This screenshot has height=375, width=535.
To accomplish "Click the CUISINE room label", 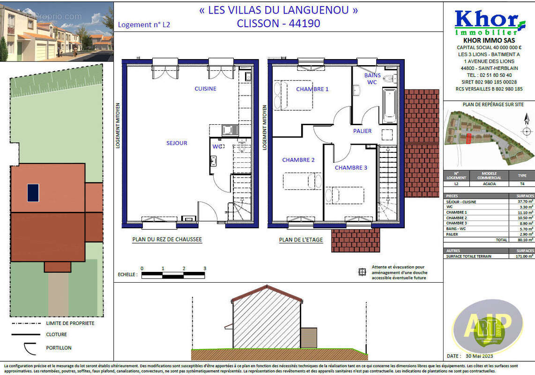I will pyautogui.click(x=205, y=89).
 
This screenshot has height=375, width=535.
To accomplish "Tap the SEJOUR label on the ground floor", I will pyautogui.click(x=177, y=143).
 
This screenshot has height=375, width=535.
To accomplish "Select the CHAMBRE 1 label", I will pyautogui.click(x=312, y=89).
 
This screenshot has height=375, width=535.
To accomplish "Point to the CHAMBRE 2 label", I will pyautogui.click(x=298, y=160).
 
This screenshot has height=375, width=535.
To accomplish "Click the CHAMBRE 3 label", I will pyautogui.click(x=351, y=167).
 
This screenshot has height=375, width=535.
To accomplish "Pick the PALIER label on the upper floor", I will pyautogui.click(x=362, y=131).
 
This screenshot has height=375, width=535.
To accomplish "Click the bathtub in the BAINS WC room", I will pyautogui.click(x=389, y=105).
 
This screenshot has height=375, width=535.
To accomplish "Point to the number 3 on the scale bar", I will pyautogui.click(x=205, y=269).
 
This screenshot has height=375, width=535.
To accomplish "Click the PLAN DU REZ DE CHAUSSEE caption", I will pyautogui.click(x=167, y=240).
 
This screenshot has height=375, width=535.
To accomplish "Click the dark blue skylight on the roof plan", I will pyautogui.click(x=33, y=193).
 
